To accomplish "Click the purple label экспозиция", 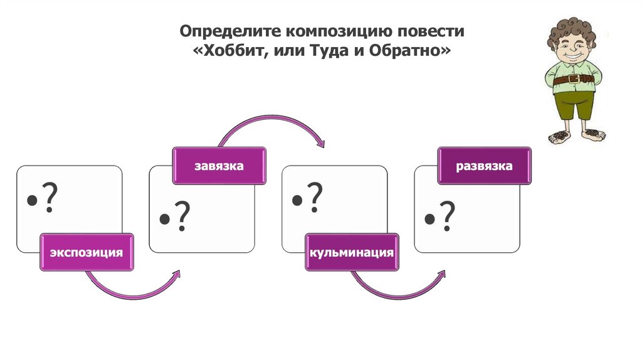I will [87, 252].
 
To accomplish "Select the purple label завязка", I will [219, 166].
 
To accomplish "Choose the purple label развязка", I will [484, 166].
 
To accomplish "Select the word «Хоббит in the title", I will [231, 50].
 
